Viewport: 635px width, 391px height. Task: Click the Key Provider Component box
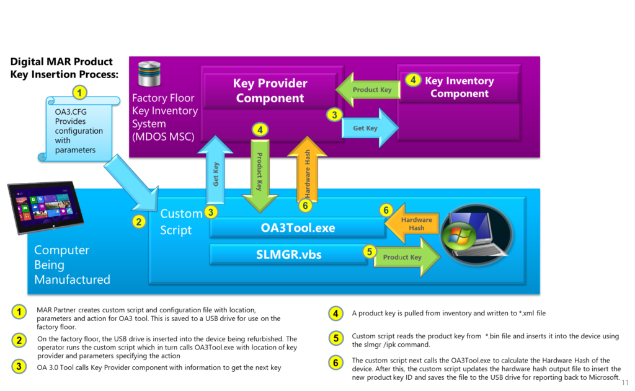270,90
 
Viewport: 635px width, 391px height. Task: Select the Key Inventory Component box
460,87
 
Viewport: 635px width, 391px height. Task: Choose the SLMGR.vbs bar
289,254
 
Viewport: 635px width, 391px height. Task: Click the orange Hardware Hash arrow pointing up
307,170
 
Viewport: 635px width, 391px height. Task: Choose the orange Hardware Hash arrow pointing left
414,224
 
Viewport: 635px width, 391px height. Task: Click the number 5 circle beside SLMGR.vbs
370,252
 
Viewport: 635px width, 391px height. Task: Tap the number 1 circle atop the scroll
79,93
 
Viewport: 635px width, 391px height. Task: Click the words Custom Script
181,222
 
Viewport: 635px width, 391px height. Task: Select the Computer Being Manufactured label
72,265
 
